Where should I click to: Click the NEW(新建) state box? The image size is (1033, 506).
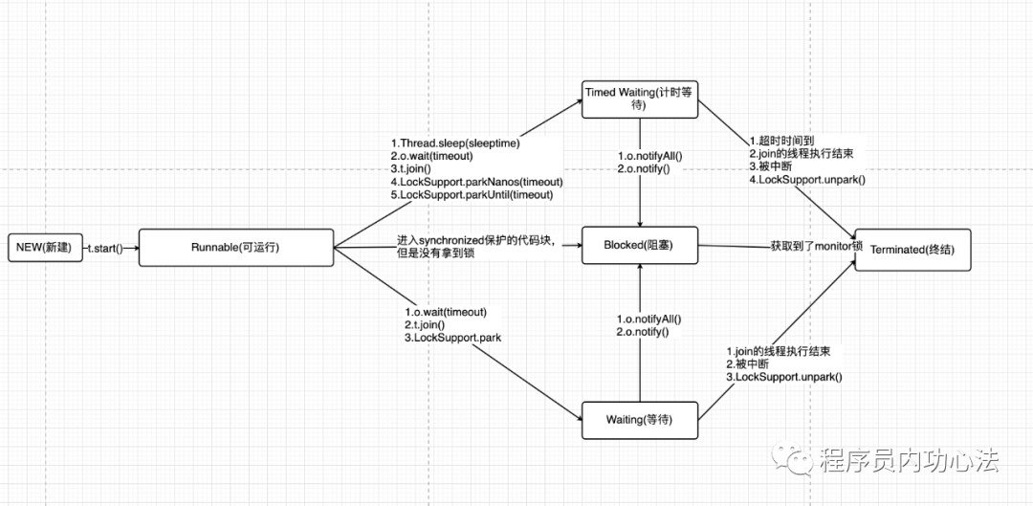point(42,248)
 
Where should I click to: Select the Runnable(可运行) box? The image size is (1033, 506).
point(236,247)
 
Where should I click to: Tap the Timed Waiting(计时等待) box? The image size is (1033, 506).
point(641,99)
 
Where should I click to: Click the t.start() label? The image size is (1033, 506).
point(106,248)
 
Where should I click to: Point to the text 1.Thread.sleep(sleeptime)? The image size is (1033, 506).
point(456,142)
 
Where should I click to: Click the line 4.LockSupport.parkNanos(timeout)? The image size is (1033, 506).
point(476,182)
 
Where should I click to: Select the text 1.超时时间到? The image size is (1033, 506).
point(783,140)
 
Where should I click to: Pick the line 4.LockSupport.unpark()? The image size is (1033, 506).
point(807,179)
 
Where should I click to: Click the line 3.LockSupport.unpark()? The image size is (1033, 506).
point(783,377)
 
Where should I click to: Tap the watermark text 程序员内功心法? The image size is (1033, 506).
point(909,462)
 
